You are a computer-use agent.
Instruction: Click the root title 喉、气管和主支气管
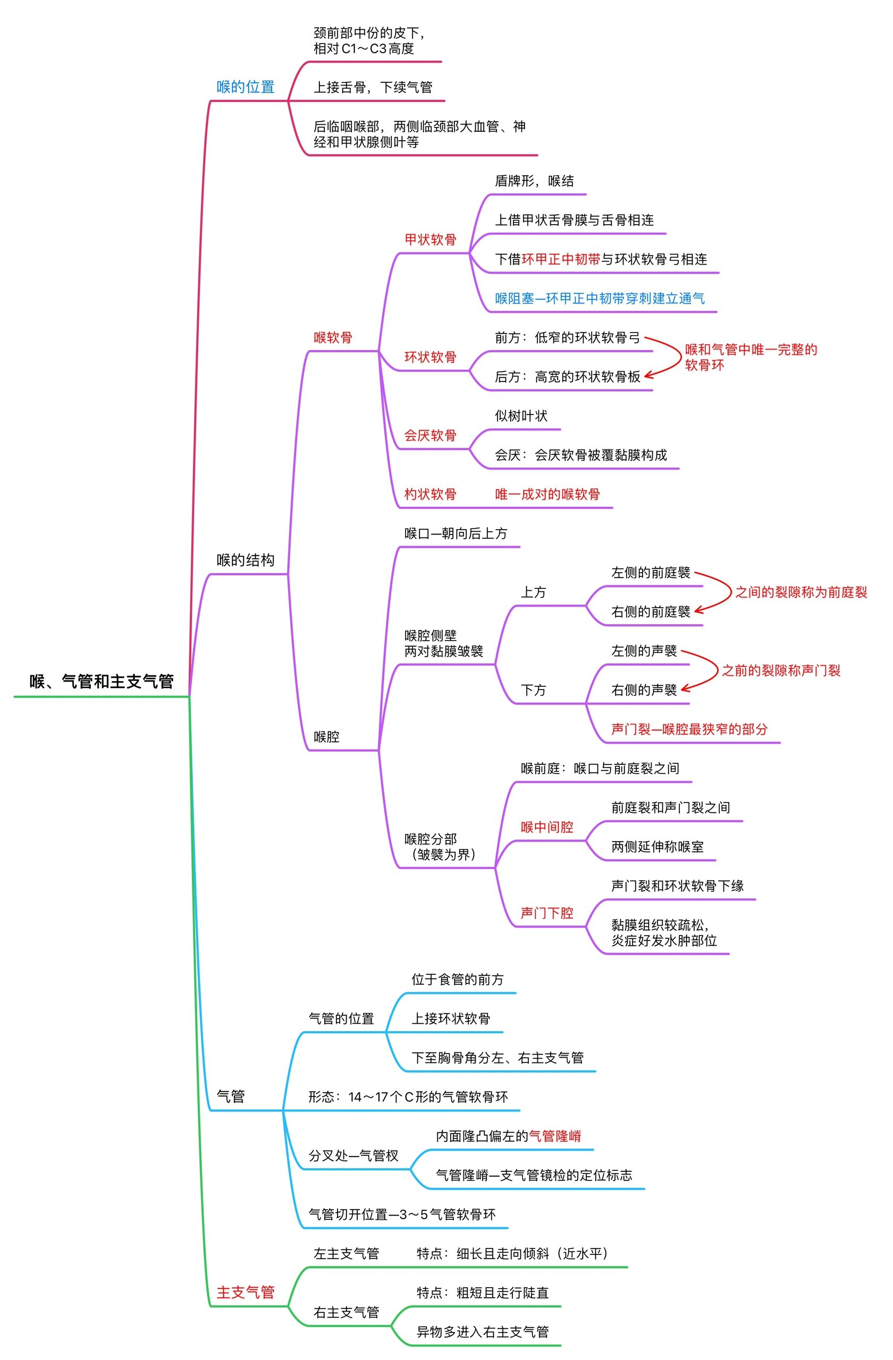101,681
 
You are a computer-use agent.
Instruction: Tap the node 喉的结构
245,560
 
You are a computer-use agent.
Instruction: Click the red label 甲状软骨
430,240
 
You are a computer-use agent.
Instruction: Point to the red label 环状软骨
430,357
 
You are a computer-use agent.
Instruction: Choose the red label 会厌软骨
430,436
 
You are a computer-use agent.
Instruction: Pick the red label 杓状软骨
430,494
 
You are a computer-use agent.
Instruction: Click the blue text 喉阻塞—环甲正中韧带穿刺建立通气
599,298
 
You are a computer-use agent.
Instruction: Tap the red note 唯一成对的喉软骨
547,494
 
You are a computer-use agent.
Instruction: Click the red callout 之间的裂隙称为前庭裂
801,592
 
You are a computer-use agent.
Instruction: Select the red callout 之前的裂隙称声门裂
780,671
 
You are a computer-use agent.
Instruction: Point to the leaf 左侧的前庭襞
651,573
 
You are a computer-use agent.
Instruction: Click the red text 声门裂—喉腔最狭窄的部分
689,729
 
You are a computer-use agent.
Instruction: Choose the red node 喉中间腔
546,828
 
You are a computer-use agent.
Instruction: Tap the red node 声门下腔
546,913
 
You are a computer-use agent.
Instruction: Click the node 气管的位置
341,1019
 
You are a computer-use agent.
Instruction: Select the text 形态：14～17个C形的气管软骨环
408,1097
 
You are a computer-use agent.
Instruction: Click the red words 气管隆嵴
554,1136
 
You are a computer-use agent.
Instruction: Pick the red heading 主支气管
245,1293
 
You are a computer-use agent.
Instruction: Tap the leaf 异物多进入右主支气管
482,1332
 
